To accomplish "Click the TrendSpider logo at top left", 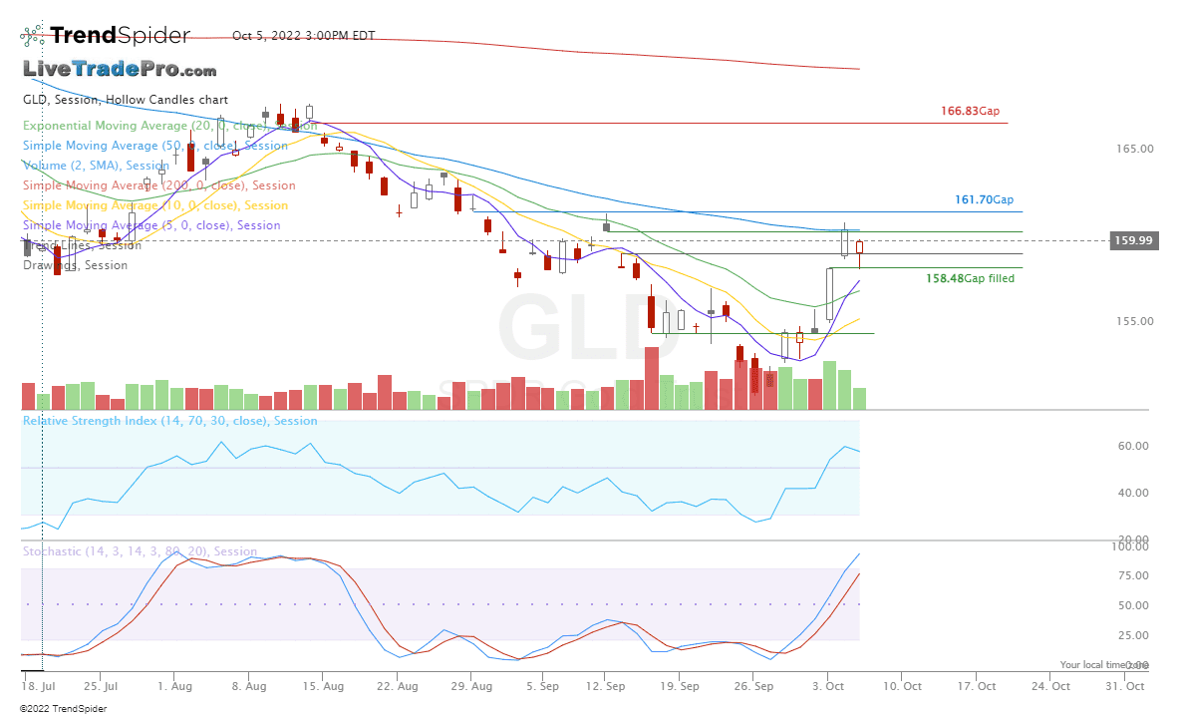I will point(105,36).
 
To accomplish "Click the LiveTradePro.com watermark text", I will point(120,70).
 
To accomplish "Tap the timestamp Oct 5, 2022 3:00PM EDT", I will point(303,36).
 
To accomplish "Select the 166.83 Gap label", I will point(970,112).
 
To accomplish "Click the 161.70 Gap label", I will point(984,200).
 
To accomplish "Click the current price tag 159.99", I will point(1134,240).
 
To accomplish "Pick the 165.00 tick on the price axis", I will point(1134,149).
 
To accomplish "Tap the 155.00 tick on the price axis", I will point(1134,321).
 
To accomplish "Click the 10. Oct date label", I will point(905,686).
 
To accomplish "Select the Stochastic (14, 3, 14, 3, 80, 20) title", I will point(140,551).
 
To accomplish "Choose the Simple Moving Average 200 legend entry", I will point(158,185).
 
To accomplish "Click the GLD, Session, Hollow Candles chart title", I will point(125,100).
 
